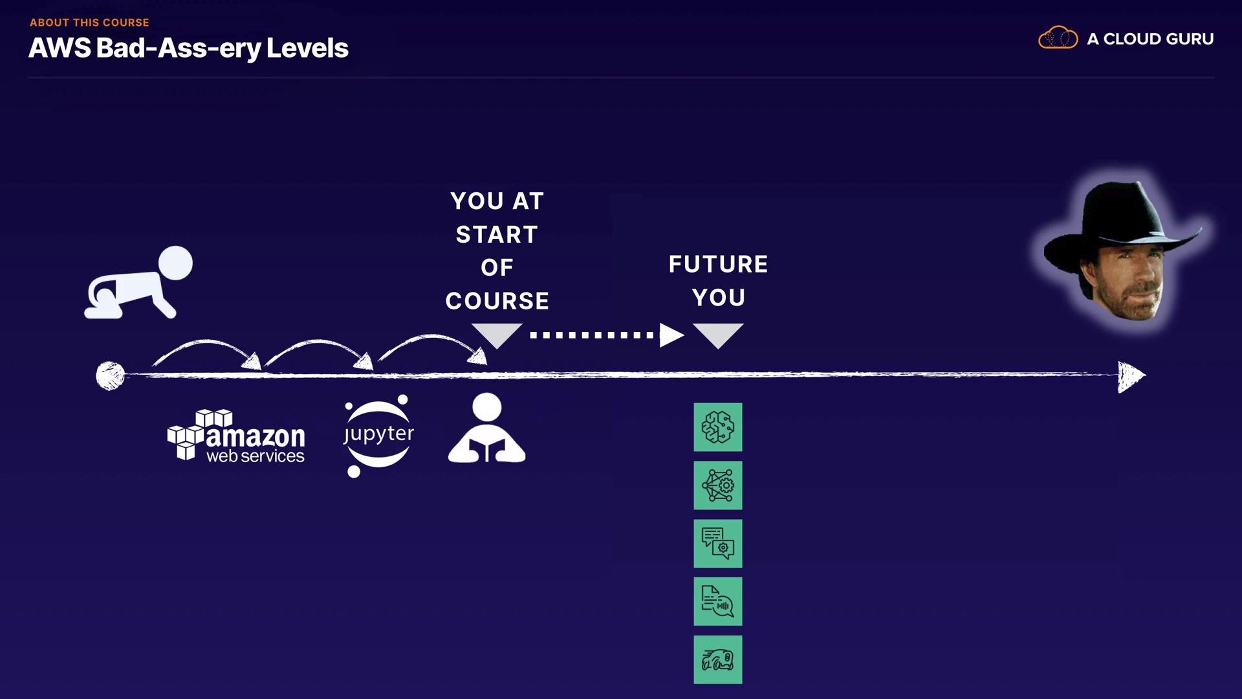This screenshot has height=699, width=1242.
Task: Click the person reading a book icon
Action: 486,428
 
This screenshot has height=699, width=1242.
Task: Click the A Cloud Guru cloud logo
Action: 1058,38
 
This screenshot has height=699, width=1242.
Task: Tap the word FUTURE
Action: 718,264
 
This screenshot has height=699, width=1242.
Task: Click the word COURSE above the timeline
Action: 497,301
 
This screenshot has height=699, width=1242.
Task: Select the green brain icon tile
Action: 718,427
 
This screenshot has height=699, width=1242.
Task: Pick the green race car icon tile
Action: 718,660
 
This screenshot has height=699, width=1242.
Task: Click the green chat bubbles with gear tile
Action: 718,544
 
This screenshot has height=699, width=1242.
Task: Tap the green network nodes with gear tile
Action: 718,485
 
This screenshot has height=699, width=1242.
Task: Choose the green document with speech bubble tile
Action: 718,601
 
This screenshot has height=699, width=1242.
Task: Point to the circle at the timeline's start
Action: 110,375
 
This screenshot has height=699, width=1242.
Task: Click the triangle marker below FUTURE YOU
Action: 718,334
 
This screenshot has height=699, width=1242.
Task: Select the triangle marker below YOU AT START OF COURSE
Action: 497,334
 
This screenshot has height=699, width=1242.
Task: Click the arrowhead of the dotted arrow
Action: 671,335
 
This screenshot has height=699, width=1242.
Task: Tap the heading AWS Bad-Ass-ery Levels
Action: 188,48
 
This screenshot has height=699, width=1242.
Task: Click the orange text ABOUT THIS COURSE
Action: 89,23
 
